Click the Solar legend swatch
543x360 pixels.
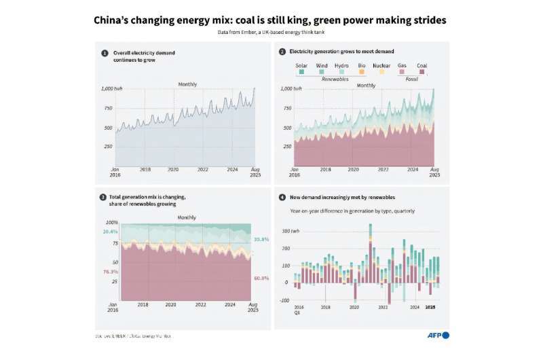pyautogui.click(x=300, y=72)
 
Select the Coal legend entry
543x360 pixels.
pyautogui.click(x=422, y=66)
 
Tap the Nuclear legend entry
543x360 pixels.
pyautogui.click(x=381, y=66)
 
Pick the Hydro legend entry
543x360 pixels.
pyautogui.click(x=342, y=66)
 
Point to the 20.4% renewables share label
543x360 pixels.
pyautogui.click(x=110, y=231)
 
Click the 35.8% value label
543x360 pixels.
pyautogui.click(x=261, y=239)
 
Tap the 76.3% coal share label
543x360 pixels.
pyautogui.click(x=110, y=272)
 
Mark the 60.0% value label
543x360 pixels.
pyautogui.click(x=261, y=278)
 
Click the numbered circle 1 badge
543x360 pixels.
pyautogui.click(x=105, y=52)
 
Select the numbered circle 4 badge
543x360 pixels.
pyautogui.click(x=282, y=197)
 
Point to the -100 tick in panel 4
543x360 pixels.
pyautogui.click(x=285, y=300)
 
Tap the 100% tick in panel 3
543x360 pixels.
pyautogui.click(x=111, y=222)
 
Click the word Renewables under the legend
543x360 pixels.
pyautogui.click(x=335, y=79)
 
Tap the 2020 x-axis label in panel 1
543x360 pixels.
pyautogui.click(x=173, y=169)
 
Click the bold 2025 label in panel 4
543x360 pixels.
pyautogui.click(x=430, y=308)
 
